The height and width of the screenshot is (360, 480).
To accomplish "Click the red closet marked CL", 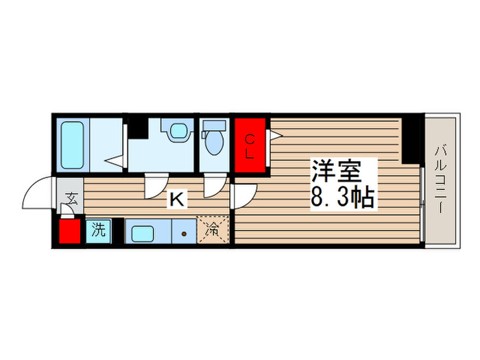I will coord(249,146).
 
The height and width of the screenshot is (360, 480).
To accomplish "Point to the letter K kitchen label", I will coord(177,200).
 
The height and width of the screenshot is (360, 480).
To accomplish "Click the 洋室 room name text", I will coord(336,170).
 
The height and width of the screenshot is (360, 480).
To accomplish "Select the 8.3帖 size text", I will coord(342,198).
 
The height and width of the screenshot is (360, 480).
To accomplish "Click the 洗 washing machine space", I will coord(99,230).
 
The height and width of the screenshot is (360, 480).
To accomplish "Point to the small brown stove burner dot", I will coord(184,233).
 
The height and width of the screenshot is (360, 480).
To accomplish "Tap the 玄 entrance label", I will coord(70,200).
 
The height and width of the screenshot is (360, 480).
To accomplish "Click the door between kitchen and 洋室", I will coord(241,195).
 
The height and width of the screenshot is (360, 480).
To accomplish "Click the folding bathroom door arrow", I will coord(115,162).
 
